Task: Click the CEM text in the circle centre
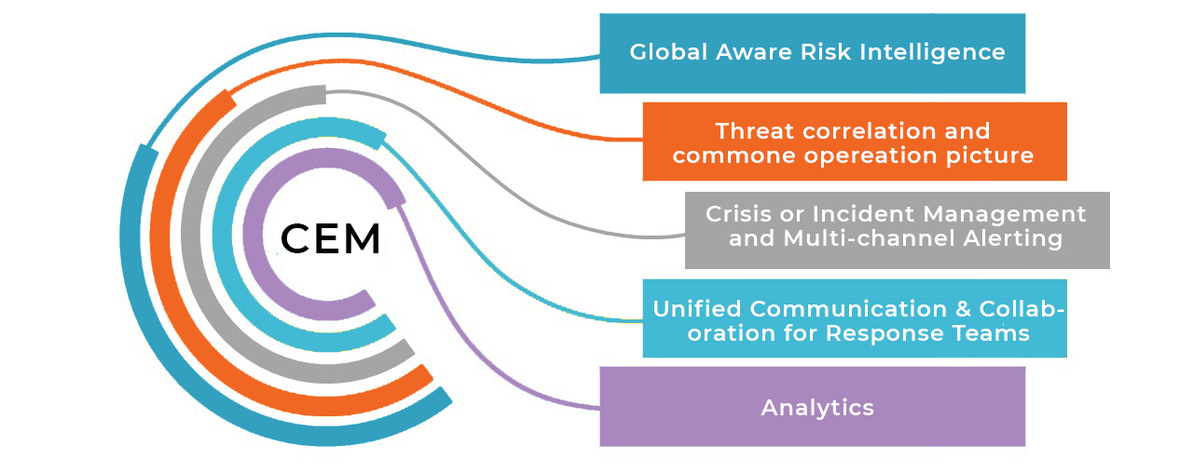click(x=330, y=239)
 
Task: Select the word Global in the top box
click(x=668, y=52)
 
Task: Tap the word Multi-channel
click(x=870, y=237)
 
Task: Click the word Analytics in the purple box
click(x=817, y=408)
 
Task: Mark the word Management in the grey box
click(x=1004, y=214)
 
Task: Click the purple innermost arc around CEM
click(x=252, y=234)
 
